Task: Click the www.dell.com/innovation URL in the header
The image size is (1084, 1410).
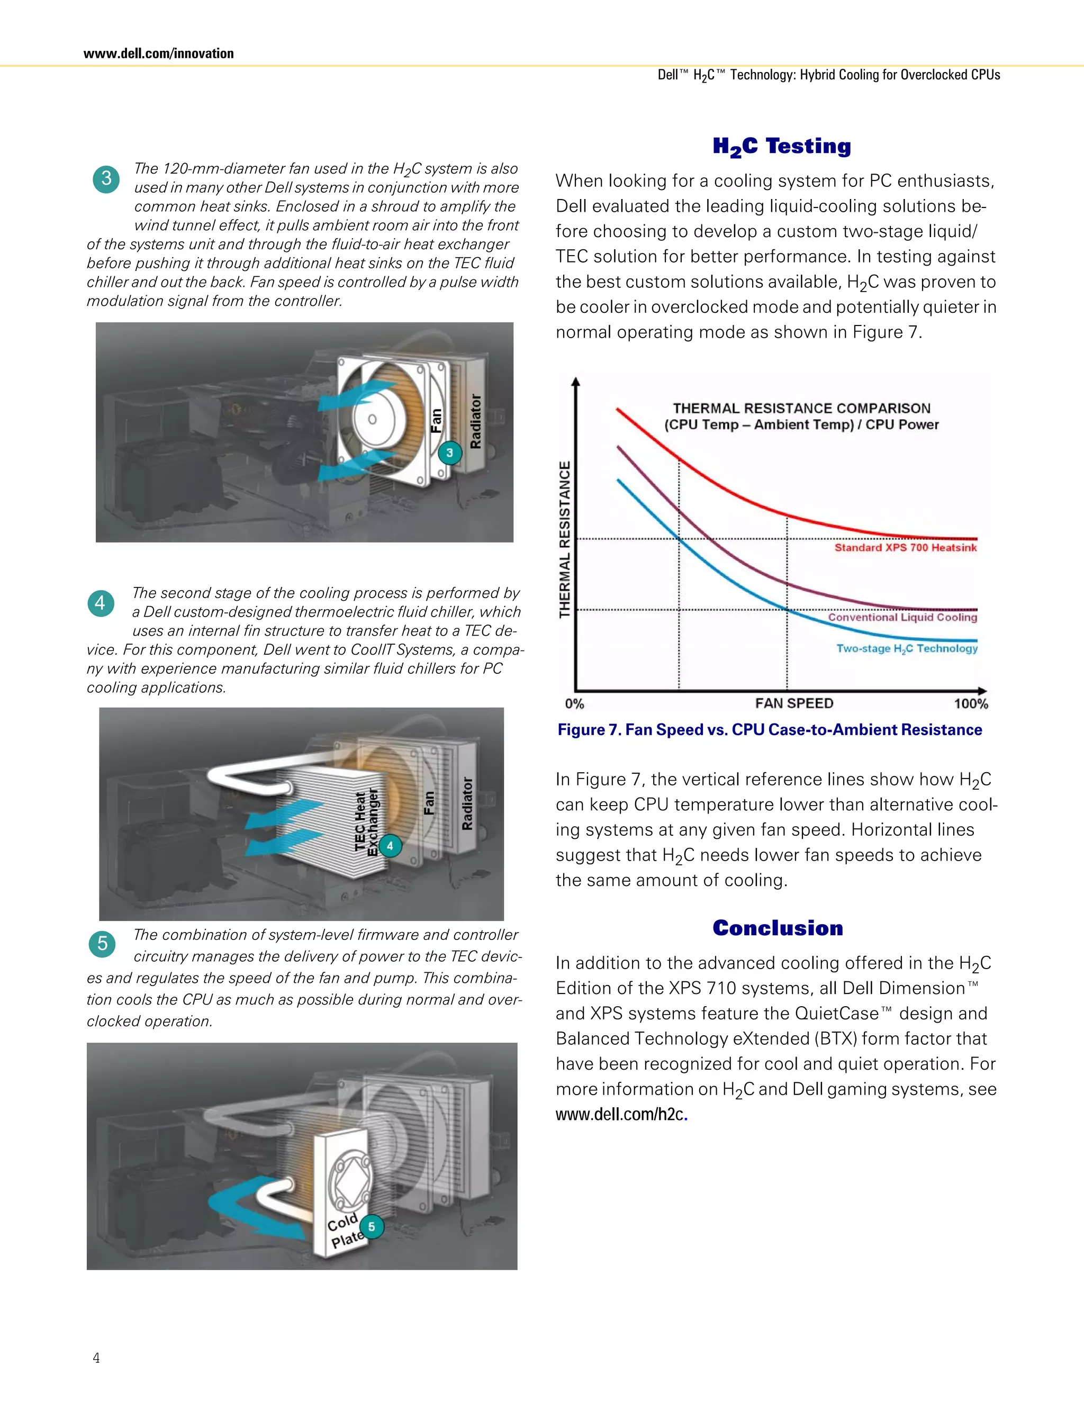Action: pyautogui.click(x=158, y=53)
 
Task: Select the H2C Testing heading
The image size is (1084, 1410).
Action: pyautogui.click(x=781, y=147)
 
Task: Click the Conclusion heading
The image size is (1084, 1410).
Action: pyautogui.click(x=778, y=928)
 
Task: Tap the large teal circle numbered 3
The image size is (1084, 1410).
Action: pyautogui.click(x=106, y=179)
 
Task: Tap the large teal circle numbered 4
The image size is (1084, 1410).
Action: pyautogui.click(x=101, y=603)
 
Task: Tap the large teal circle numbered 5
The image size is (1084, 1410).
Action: pyautogui.click(x=102, y=944)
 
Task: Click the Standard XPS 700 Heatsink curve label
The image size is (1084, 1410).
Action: pyautogui.click(x=905, y=548)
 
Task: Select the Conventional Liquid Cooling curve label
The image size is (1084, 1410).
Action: pyautogui.click(x=902, y=618)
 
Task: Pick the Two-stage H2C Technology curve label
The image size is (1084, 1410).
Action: pyautogui.click(x=907, y=648)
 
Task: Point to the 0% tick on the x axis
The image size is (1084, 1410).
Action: pyautogui.click(x=574, y=703)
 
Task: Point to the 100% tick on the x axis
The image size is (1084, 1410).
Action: pyautogui.click(x=970, y=703)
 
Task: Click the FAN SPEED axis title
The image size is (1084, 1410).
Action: pyautogui.click(x=794, y=703)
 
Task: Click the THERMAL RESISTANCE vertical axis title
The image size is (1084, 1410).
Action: pyautogui.click(x=565, y=539)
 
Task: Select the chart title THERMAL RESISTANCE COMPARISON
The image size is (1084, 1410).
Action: pyautogui.click(x=801, y=409)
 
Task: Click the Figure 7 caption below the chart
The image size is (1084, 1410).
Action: pyautogui.click(x=770, y=730)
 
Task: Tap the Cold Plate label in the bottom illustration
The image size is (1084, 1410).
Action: pyautogui.click(x=345, y=1230)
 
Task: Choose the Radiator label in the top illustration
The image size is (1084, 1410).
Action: pyautogui.click(x=475, y=421)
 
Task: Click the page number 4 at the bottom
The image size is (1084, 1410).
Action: pyautogui.click(x=96, y=1358)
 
